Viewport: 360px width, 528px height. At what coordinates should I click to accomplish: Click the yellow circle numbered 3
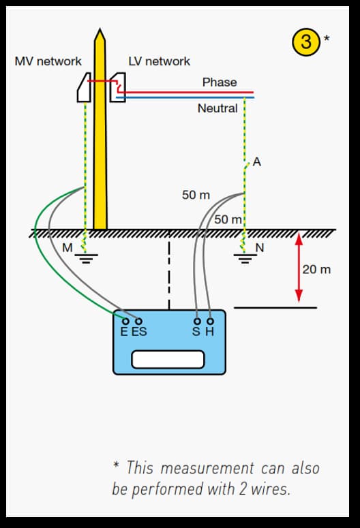pos(305,42)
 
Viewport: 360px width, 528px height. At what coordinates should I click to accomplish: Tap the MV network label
pos(48,61)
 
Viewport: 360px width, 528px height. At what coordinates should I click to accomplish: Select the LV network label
pos(160,61)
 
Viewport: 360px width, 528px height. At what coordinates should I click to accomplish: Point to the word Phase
pos(220,82)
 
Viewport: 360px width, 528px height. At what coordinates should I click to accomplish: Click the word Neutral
pos(217,108)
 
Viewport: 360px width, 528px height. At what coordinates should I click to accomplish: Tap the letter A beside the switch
pos(257,162)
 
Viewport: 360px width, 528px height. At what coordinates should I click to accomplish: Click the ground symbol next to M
pos(86,258)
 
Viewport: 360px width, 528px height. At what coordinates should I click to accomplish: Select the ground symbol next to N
pos(245,258)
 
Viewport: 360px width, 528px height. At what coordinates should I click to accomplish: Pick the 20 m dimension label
pos(316,269)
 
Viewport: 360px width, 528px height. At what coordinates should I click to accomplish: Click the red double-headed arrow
pos(299,268)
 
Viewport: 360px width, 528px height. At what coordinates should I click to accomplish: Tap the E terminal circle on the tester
pos(125,322)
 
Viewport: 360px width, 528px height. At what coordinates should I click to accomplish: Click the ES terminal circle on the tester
pos(138,322)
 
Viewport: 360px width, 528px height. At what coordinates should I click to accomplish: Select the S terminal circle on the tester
pos(198,322)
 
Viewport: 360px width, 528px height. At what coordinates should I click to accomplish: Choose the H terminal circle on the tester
pos(210,322)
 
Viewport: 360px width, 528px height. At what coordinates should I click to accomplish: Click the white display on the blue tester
pos(168,360)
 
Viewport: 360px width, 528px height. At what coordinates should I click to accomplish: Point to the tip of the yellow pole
pos(100,29)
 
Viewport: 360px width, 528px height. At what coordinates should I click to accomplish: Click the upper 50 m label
pos(196,195)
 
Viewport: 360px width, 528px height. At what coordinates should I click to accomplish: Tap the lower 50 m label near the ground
pos(228,219)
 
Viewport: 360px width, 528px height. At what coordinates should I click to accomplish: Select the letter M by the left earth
pos(67,248)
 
